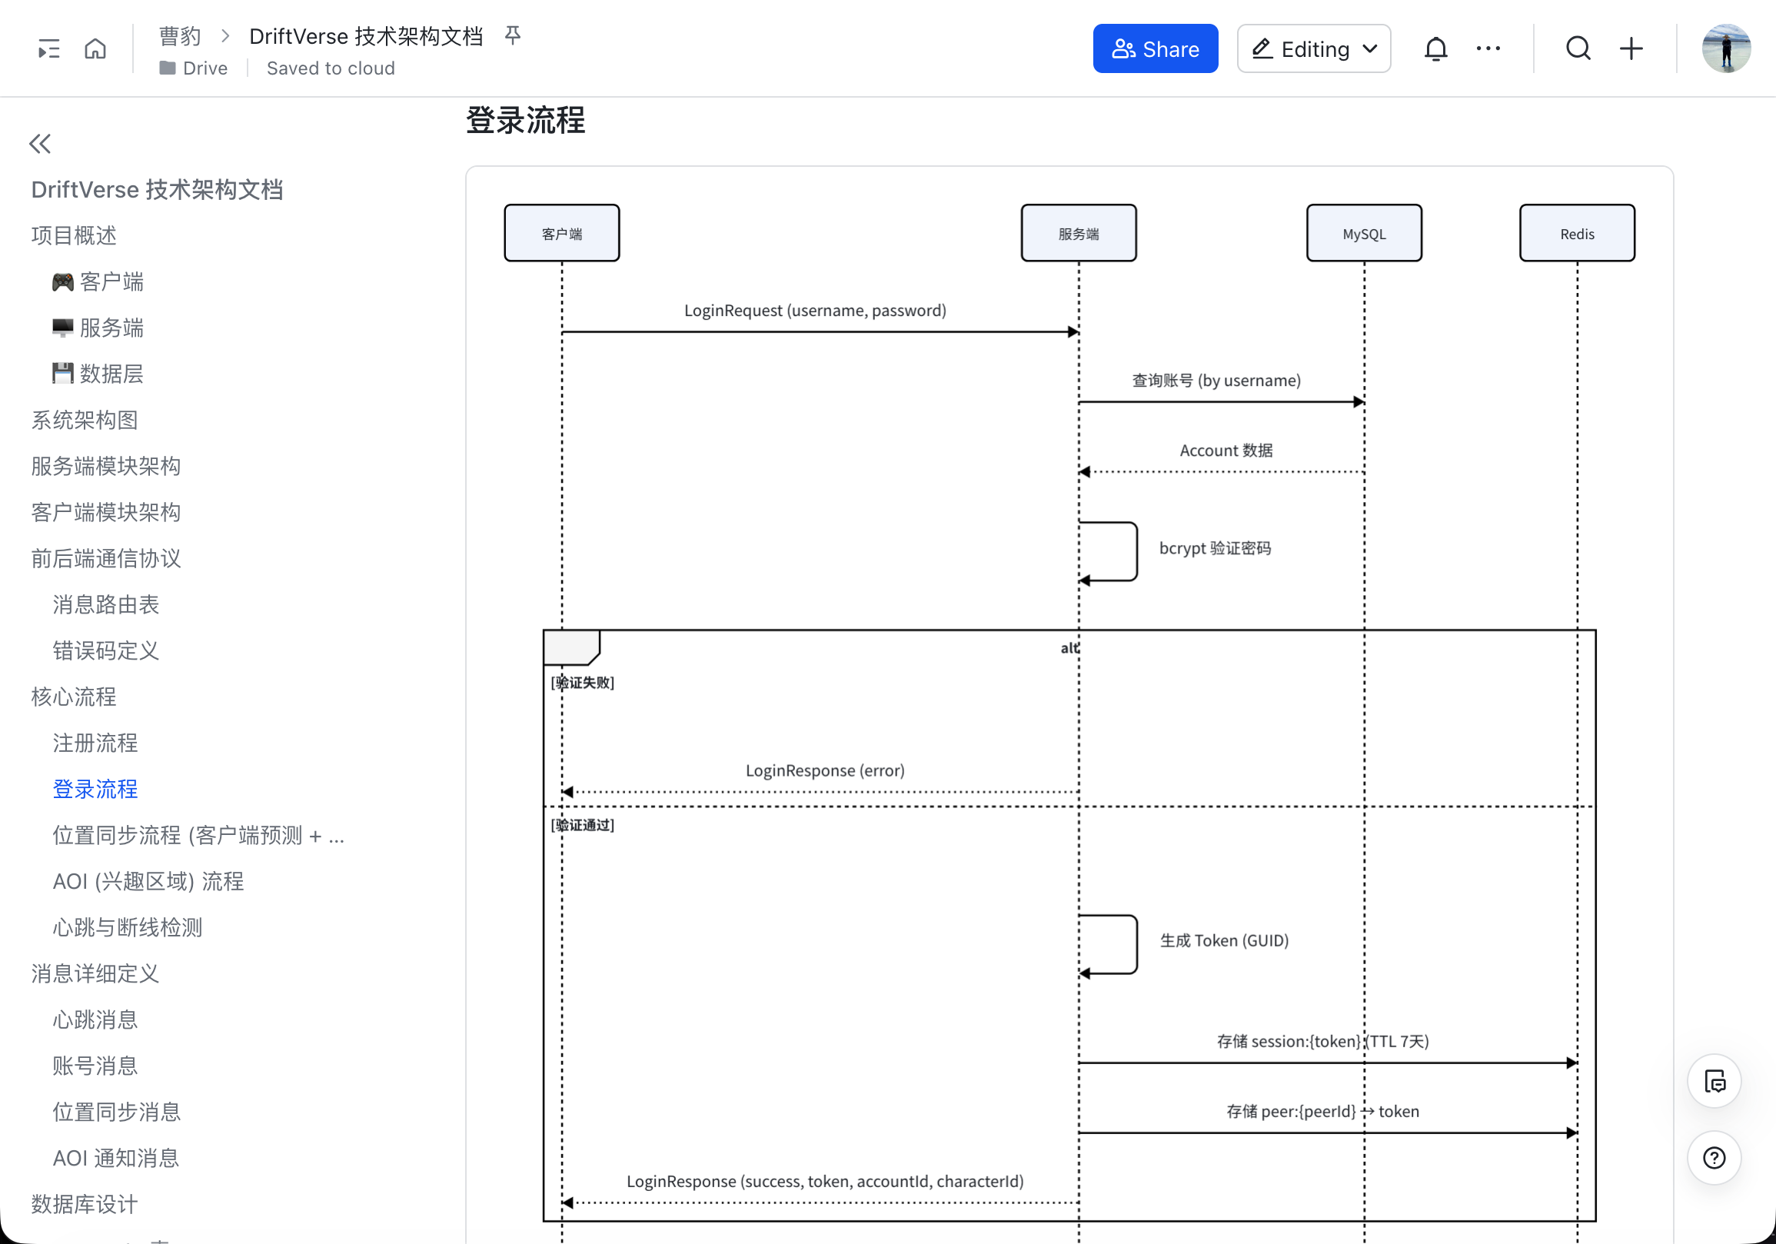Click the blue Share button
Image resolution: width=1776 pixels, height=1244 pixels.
pos(1155,48)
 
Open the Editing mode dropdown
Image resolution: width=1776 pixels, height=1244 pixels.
pos(1312,48)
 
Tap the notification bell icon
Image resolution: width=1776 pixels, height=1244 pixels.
pos(1435,48)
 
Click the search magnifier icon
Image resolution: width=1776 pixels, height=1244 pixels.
pos(1577,48)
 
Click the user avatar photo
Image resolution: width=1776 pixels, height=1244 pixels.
pos(1725,48)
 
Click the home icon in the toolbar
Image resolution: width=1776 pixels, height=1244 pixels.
pos(95,48)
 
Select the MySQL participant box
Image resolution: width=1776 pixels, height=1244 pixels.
pos(1363,233)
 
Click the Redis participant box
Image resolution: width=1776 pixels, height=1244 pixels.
pos(1576,233)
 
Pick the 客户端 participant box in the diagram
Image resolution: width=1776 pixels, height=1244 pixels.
pos(561,233)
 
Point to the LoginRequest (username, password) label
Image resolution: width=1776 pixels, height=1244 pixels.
pos(814,310)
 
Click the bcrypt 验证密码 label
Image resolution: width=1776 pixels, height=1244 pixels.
pos(1215,547)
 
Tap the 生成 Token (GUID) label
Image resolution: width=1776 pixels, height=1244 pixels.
pos(1224,940)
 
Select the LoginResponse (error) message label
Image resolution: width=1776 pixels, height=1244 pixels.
pos(824,770)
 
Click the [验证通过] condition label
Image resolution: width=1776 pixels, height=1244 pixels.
pos(583,825)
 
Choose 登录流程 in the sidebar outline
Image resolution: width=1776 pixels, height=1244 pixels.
pos(95,788)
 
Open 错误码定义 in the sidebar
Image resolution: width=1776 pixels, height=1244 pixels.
pos(106,650)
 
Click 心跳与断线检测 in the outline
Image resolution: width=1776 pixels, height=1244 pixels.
pos(128,926)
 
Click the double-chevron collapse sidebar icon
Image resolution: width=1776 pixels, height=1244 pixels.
pos(40,143)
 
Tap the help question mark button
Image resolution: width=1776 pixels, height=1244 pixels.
pos(1714,1157)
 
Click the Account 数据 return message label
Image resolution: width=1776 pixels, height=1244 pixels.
pos(1226,451)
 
